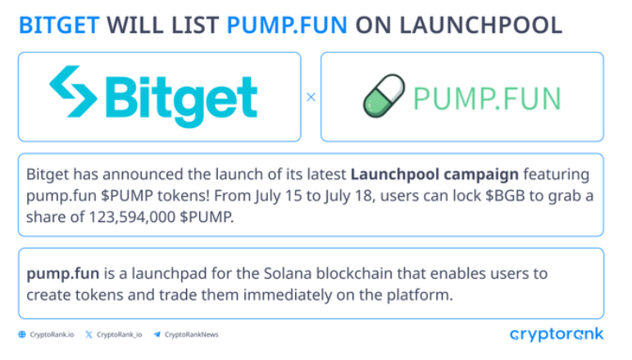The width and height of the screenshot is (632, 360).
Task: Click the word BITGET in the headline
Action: coord(59,25)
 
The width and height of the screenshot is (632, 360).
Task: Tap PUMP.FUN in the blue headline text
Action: coord(287,25)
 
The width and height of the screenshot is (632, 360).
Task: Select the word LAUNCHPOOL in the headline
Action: coord(480,25)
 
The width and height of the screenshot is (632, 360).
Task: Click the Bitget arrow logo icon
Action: coord(73,92)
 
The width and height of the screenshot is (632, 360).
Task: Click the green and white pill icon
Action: coord(384,96)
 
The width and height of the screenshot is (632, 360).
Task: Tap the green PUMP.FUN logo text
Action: coord(487,98)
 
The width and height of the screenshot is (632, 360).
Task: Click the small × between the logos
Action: coord(311,97)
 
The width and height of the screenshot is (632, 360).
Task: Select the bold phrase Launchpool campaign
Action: coord(434,175)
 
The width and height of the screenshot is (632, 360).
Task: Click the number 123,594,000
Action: coord(132,217)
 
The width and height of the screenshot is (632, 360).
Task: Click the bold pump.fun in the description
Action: coord(63,274)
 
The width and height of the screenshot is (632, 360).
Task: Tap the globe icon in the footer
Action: coord(22,335)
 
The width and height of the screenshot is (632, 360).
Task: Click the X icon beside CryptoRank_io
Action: coord(89,335)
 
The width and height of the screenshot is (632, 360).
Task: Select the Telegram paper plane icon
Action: coord(157,335)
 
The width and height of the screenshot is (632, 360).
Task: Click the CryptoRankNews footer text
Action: coord(192,335)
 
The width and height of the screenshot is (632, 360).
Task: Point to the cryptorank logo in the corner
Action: coord(557,335)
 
